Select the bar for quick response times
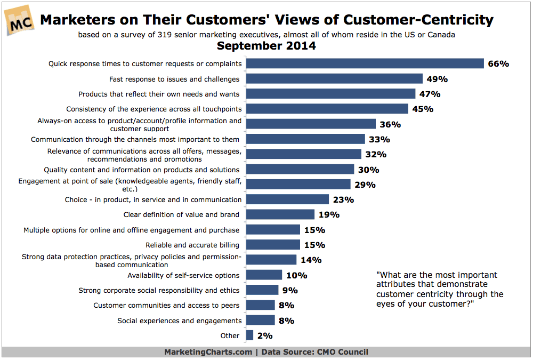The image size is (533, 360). tap(365, 64)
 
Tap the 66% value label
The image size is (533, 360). tap(498, 64)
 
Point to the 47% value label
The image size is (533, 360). tap(429, 94)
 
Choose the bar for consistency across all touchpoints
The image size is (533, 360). tap(327, 109)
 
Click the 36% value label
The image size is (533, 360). tap(390, 124)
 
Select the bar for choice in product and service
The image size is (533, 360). tap(287, 199)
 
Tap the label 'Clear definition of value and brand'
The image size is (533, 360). tap(181, 215)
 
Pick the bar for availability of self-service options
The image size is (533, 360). tap(264, 275)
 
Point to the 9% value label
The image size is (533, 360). tap(290, 291)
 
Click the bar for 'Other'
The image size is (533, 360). tap(249, 335)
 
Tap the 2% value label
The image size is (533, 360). tap(264, 336)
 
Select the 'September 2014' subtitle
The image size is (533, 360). tap(266, 46)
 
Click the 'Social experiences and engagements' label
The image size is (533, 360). tap(179, 321)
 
